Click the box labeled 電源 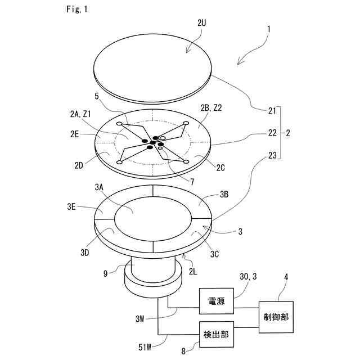pos(216,302)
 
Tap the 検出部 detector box pos(216,334)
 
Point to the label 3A pos(100,186)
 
